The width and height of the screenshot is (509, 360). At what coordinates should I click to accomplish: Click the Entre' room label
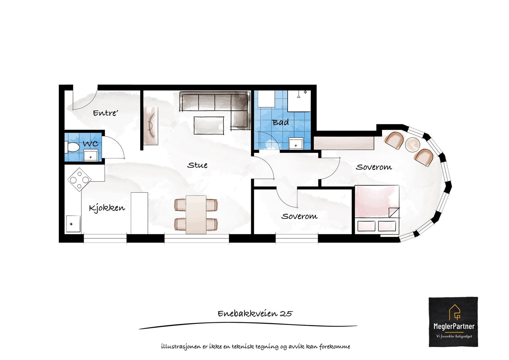point(105,113)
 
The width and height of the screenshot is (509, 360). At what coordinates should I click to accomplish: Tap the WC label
point(91,143)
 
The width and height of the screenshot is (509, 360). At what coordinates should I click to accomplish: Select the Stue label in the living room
point(197,165)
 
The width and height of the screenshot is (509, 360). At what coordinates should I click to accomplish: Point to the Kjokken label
point(107,208)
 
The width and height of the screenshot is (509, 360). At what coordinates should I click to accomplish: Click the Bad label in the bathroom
point(281,122)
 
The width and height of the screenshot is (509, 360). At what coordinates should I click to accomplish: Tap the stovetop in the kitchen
point(79,180)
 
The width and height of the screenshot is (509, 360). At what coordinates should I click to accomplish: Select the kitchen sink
point(73,224)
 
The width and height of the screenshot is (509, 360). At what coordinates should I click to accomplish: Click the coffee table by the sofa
point(209,125)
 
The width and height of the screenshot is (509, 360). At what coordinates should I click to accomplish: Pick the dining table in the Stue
point(196,214)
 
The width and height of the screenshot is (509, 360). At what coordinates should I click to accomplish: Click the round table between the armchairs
point(413,145)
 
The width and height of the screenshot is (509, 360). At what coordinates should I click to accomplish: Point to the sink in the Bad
point(296,143)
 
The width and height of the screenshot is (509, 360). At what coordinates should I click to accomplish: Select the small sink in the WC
point(91,156)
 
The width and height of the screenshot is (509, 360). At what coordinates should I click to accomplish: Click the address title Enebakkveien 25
point(255,314)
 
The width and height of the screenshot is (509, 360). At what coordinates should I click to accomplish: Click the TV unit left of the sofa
point(151,126)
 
